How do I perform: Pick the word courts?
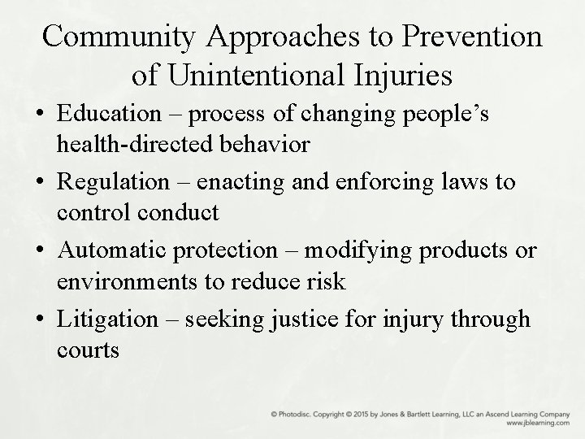[x=89, y=350]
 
